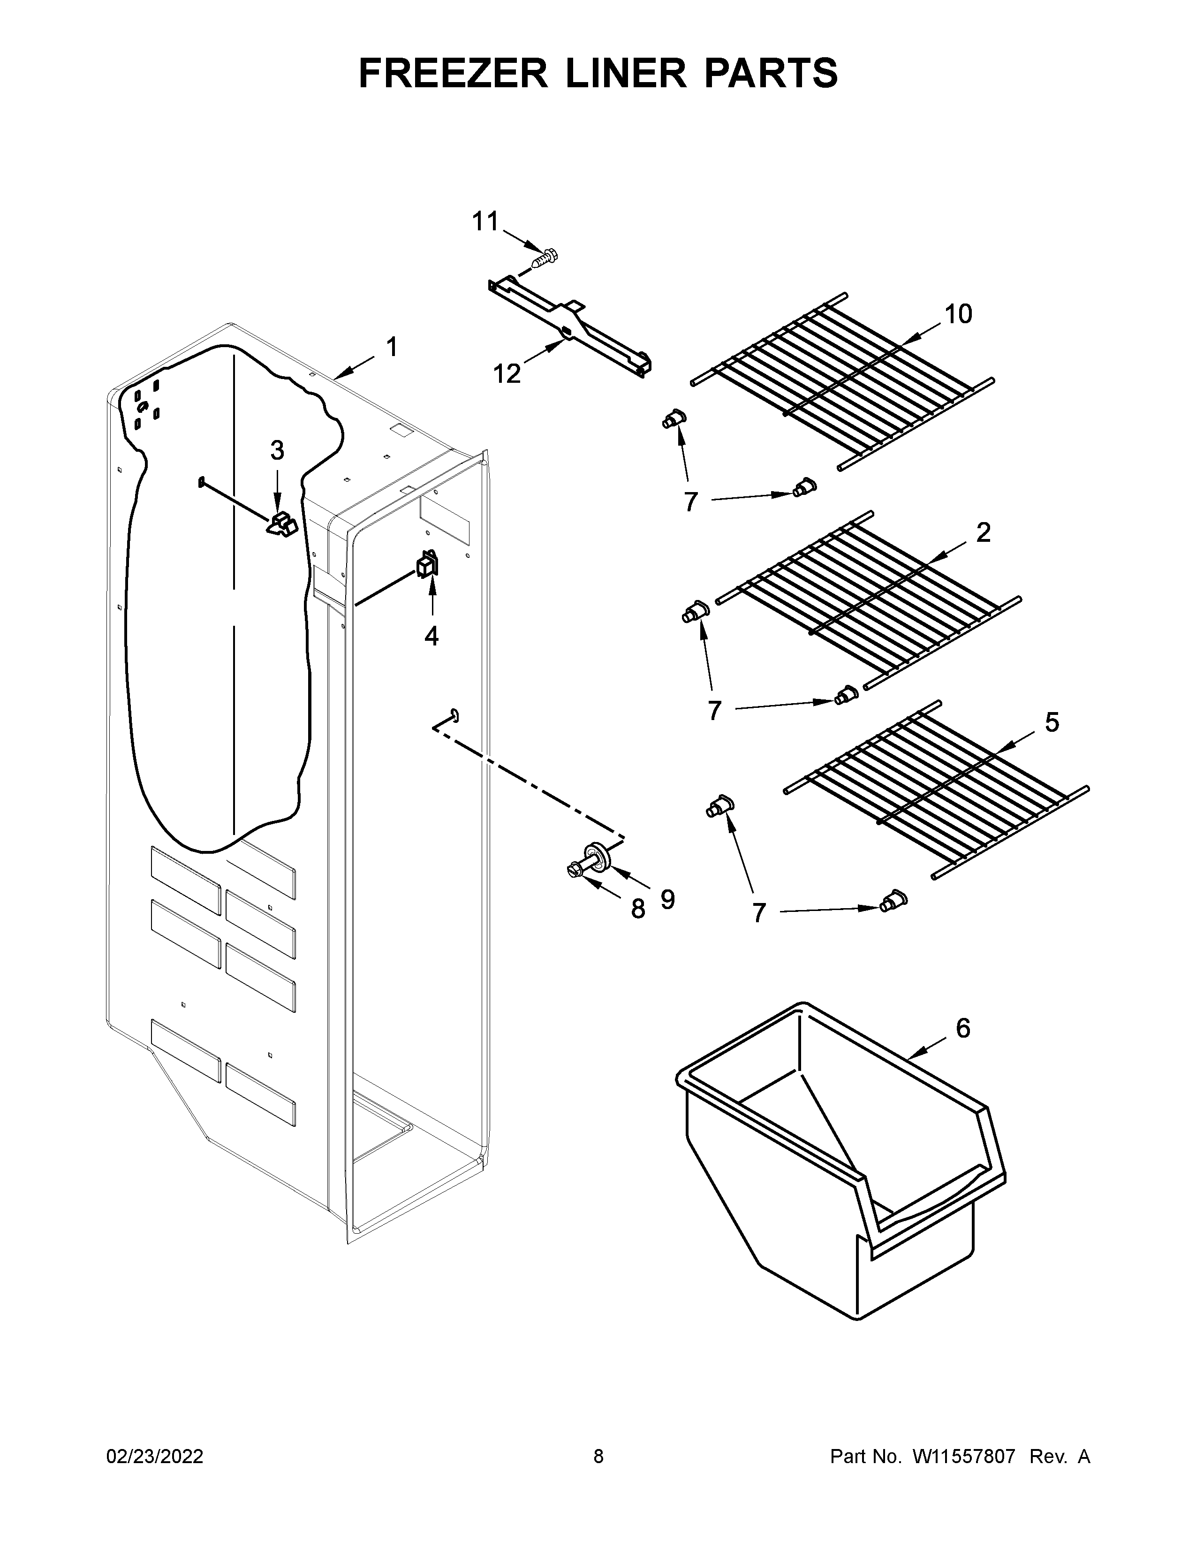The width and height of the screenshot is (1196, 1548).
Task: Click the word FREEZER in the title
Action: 453,73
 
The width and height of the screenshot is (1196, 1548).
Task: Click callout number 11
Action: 486,222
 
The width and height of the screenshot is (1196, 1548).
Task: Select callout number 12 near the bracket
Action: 507,373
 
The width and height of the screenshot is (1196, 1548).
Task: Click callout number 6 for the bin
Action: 963,1028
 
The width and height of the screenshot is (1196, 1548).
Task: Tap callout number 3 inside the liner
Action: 277,449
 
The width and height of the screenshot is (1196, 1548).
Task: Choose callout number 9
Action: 667,899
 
